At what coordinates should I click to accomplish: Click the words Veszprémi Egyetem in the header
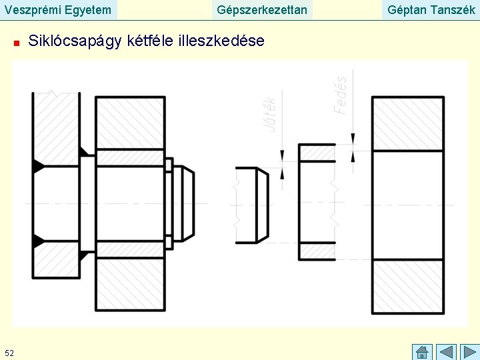pyautogui.click(x=58, y=9)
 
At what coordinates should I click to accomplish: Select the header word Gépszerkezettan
pyautogui.click(x=263, y=9)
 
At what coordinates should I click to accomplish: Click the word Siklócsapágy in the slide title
pyautogui.click(x=75, y=41)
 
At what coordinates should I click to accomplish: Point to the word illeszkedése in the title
pyautogui.click(x=222, y=41)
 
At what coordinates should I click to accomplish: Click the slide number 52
pyautogui.click(x=9, y=352)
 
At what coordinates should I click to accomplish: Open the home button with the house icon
pyautogui.click(x=422, y=351)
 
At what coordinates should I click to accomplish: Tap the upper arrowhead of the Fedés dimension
pyautogui.click(x=353, y=138)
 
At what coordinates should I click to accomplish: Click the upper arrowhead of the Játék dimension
pyautogui.click(x=282, y=155)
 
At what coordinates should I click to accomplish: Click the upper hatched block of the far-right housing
pyautogui.click(x=407, y=124)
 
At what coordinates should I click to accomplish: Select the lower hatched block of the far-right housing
pyautogui.click(x=407, y=285)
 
